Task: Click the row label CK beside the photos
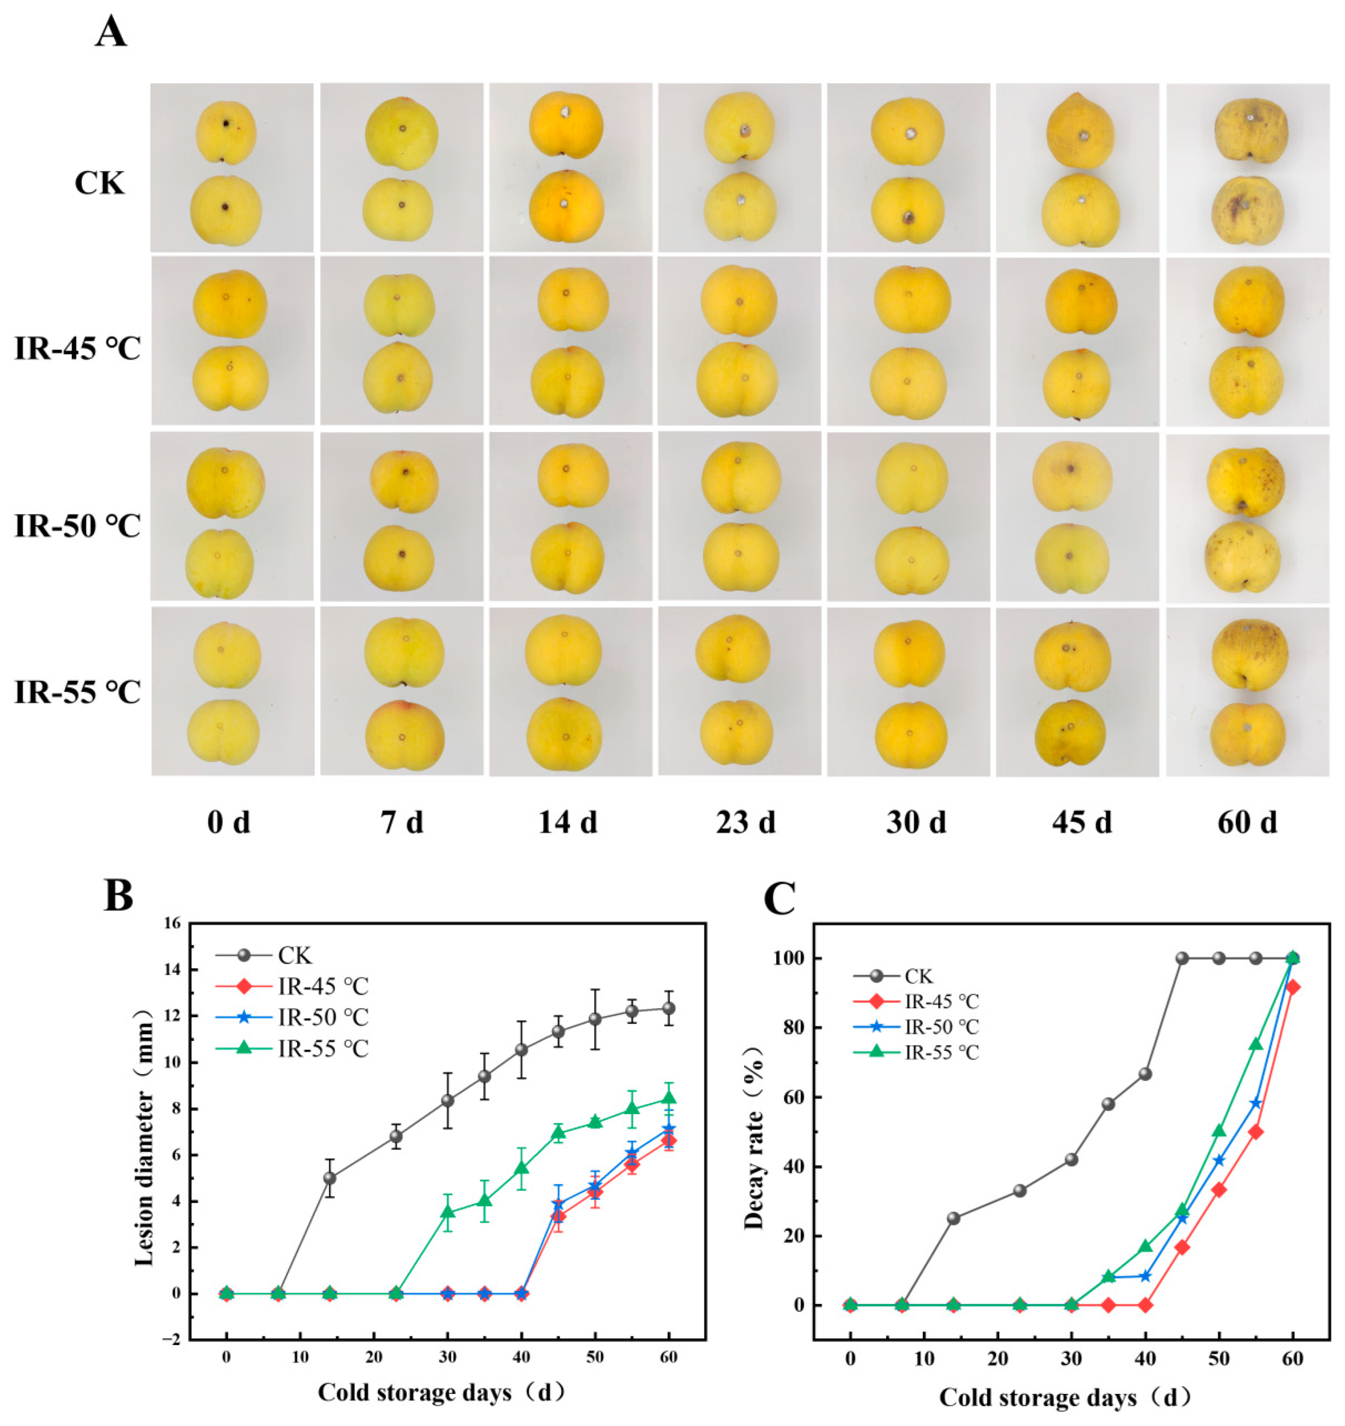click(99, 184)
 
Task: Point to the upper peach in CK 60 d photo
click(1251, 131)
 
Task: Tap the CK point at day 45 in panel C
click(1182, 958)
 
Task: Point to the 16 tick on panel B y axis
click(173, 924)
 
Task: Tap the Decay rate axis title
click(754, 1133)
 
